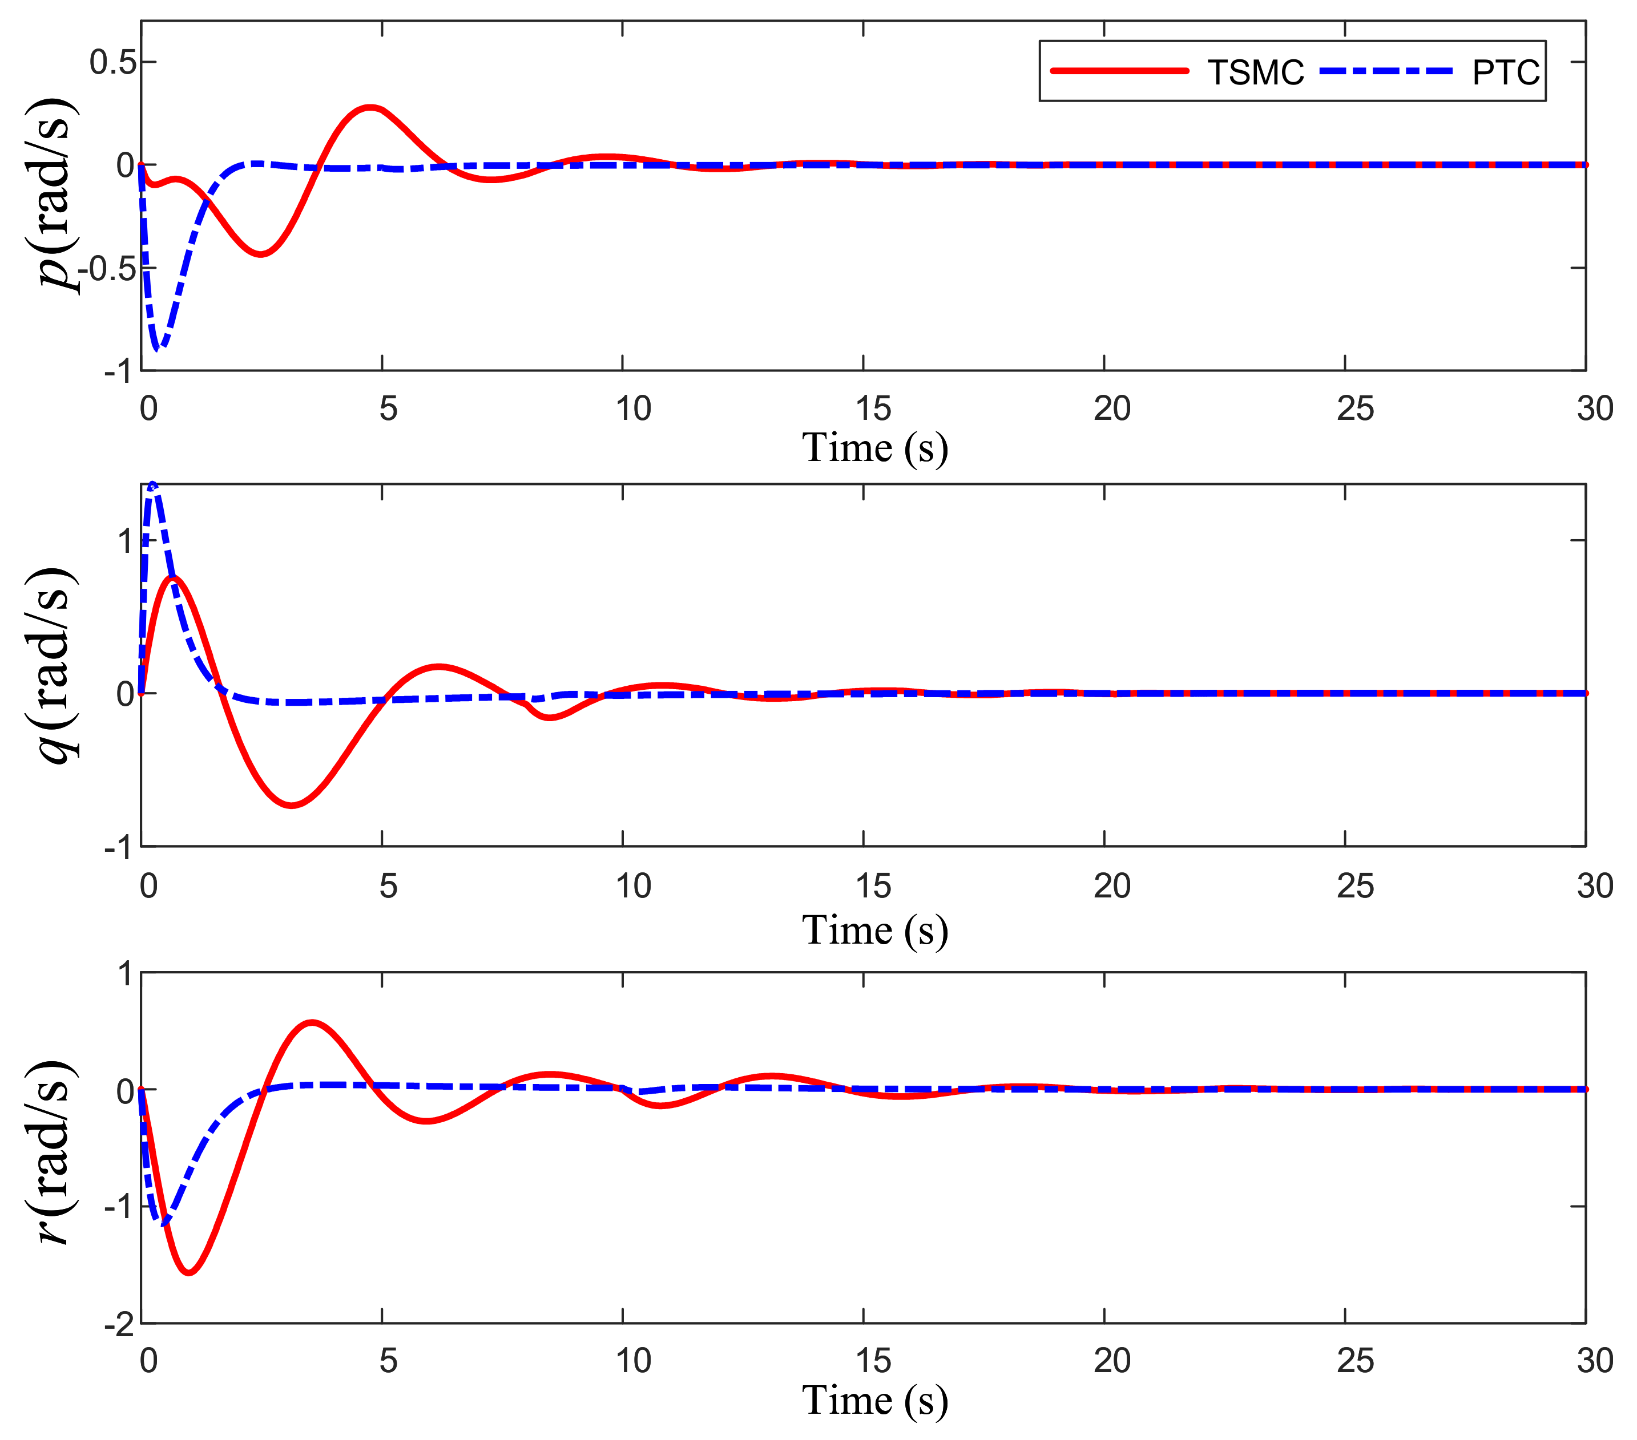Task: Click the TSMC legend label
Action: tap(1255, 73)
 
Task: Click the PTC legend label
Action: tap(1505, 73)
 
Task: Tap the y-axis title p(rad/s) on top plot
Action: tap(56, 196)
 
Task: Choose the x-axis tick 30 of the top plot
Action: tap(1594, 409)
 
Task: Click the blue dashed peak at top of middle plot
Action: tap(153, 484)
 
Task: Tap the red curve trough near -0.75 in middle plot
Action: tap(292, 805)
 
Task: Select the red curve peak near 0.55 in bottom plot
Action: tap(312, 1022)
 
